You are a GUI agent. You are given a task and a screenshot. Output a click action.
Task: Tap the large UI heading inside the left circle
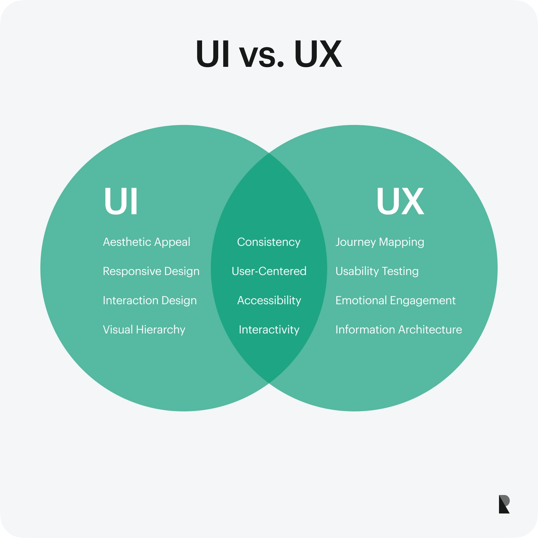[x=121, y=201]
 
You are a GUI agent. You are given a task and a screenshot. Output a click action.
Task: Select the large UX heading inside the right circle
[x=400, y=201]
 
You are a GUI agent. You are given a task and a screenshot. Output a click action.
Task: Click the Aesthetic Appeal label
[x=147, y=242]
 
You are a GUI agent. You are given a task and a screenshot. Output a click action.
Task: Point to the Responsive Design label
[x=151, y=271]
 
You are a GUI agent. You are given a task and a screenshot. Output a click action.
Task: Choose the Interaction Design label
[x=150, y=301]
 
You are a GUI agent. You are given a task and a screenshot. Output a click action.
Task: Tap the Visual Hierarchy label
[x=144, y=330]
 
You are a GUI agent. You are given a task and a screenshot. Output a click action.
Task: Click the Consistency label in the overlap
[x=269, y=242]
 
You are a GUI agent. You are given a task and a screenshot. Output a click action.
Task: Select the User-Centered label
[x=269, y=271]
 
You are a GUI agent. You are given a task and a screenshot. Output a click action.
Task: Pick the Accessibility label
[x=269, y=301]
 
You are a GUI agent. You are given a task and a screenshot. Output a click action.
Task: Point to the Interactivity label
[x=269, y=330]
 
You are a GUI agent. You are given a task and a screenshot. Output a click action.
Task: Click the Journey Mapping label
[x=380, y=242]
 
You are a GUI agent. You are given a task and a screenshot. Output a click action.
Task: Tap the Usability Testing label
[x=377, y=271]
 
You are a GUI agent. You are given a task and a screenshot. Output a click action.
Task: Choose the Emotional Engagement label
[x=395, y=301]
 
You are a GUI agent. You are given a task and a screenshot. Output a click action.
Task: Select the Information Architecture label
[x=398, y=330]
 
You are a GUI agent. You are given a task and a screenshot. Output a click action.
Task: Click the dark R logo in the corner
[x=504, y=504]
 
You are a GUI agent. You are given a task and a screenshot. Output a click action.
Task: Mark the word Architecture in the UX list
[x=430, y=330]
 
